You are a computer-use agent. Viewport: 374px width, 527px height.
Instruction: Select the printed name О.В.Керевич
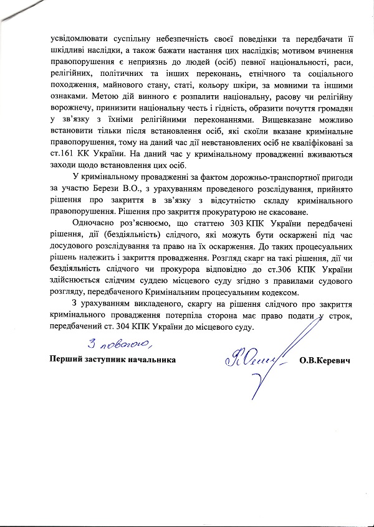[x=325, y=360]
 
